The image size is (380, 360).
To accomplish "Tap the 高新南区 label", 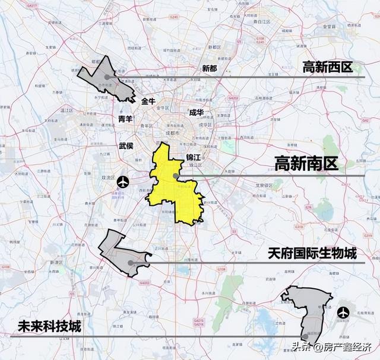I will coord(306,164).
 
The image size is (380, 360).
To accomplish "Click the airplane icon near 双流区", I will coord(123,180).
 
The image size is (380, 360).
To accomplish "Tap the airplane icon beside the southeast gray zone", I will coord(343,312).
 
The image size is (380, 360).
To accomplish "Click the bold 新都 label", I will coord(210,68).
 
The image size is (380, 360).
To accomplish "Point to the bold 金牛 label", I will coord(148,101).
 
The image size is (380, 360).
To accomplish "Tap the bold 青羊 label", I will coord(125,119).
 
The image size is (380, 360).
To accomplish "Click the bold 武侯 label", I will coord(126,145).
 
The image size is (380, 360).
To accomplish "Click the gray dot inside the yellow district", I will coord(174,176).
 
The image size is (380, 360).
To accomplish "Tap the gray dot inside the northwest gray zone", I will coord(107,77).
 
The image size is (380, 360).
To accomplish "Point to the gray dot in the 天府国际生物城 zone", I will coord(130,263).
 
